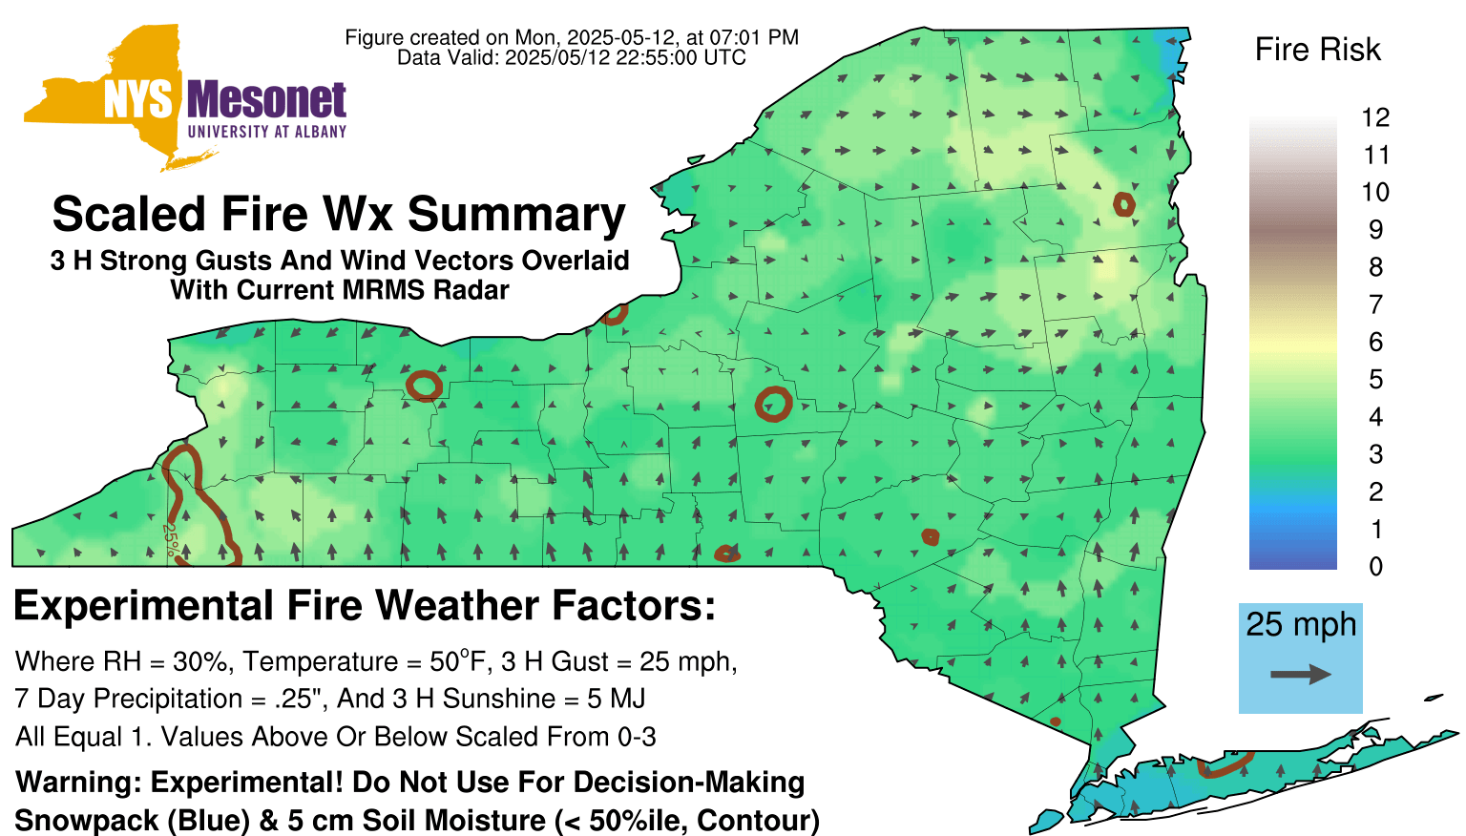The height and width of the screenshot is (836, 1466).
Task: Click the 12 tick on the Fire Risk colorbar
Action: click(x=1375, y=117)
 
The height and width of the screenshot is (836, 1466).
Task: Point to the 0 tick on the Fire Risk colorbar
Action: click(x=1375, y=567)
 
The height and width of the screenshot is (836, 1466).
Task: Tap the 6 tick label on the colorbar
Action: click(x=1375, y=342)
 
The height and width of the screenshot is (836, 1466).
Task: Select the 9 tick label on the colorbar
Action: click(x=1375, y=230)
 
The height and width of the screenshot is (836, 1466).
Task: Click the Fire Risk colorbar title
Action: click(x=1317, y=50)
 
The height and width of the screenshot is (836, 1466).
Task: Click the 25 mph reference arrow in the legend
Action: click(x=1301, y=675)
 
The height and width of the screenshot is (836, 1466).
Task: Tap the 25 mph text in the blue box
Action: click(x=1301, y=624)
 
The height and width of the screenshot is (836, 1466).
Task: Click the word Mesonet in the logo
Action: click(x=266, y=101)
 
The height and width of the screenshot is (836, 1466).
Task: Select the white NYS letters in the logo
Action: click(x=138, y=101)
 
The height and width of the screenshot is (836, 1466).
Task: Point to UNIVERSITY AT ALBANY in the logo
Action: click(x=267, y=132)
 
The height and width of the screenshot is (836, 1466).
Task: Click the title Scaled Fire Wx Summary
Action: click(x=339, y=214)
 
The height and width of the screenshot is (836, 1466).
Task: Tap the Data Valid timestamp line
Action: click(x=572, y=57)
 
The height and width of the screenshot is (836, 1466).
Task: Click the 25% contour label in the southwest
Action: click(x=170, y=539)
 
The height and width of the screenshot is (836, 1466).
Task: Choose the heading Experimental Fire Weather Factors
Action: click(x=365, y=605)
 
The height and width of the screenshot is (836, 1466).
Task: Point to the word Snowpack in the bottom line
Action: click(x=87, y=821)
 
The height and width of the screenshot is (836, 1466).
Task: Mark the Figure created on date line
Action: click(x=572, y=37)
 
